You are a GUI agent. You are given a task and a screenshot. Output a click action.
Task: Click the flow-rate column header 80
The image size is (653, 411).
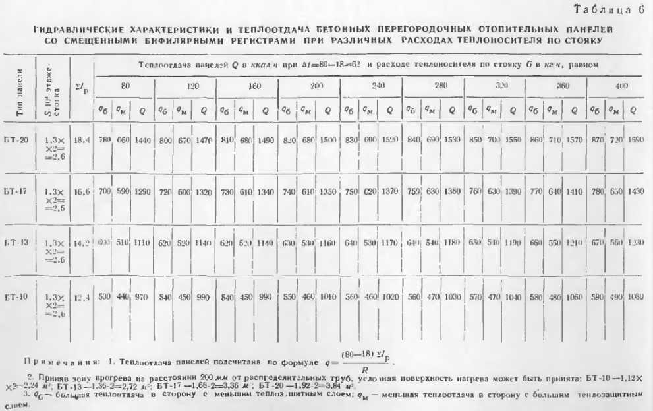click(125, 86)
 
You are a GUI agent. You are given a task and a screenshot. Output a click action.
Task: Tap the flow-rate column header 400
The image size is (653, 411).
click(614, 86)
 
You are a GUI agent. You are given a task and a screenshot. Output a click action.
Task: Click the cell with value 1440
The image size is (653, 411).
click(142, 140)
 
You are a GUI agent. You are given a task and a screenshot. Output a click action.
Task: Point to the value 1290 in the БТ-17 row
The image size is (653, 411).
click(142, 191)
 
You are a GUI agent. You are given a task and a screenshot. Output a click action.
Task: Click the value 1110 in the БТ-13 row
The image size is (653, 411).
click(142, 243)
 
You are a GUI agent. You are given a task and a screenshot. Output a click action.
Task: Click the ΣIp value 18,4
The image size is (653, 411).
click(82, 140)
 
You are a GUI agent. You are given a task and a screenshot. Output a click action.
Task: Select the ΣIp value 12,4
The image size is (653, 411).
click(82, 296)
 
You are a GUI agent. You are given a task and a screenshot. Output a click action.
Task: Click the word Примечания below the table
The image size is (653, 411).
click(55, 363)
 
